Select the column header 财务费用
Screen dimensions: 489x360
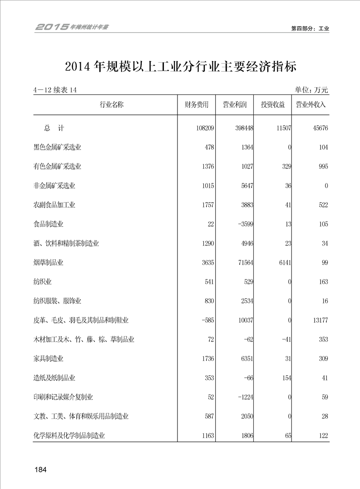tap(196, 105)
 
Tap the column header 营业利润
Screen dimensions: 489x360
tap(234, 105)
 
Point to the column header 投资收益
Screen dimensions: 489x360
tap(272, 105)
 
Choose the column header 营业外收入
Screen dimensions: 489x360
tap(311, 105)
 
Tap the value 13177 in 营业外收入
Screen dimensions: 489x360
tap(319, 321)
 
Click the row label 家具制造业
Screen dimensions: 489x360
tap(49, 359)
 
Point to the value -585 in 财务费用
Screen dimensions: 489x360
tap(206, 321)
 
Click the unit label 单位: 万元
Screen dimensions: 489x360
tap(311, 90)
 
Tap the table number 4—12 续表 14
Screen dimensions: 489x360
tap(55, 90)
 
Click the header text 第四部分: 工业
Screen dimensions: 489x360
tap(310, 28)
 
